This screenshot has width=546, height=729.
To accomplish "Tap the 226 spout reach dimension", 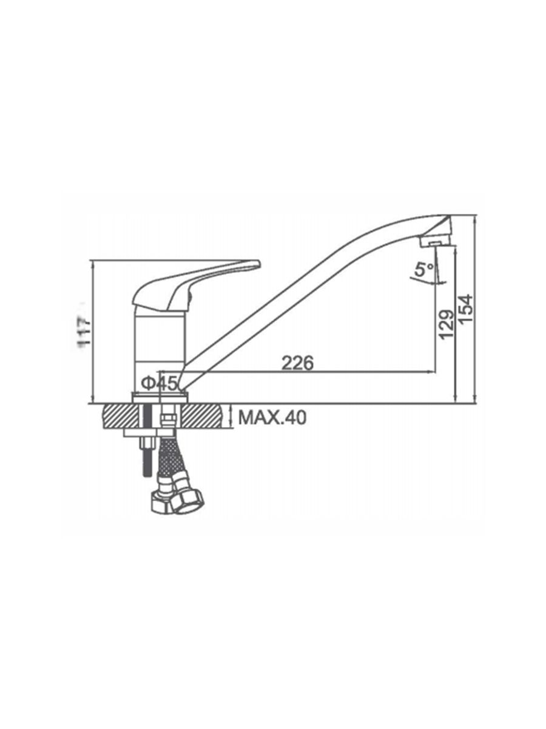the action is point(297,363).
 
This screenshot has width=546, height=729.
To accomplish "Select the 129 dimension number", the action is point(447,324).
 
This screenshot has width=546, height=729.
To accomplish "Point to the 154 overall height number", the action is point(467,308).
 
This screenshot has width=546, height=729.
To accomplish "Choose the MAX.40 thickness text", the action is point(272,418).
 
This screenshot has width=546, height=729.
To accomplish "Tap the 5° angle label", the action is point(425,270).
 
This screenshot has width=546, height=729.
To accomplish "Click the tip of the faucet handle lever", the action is point(259,265).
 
